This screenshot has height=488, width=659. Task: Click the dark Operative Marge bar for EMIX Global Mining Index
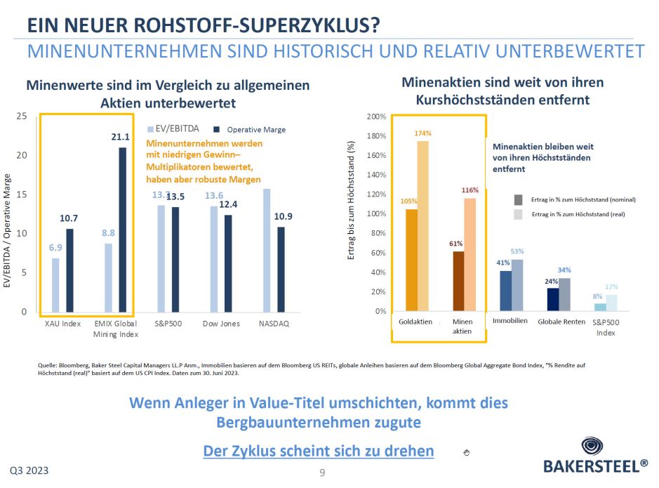point(123,230)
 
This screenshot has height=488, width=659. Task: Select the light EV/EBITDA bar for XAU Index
point(55,285)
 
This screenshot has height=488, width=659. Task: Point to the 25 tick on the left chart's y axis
point(22,117)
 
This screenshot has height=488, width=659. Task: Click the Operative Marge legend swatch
point(217,130)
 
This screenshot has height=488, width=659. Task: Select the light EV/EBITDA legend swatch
point(150,129)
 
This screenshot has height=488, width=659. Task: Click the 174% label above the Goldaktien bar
point(423,133)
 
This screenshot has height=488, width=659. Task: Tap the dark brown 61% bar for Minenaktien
point(458,281)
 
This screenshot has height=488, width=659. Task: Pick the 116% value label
point(470,190)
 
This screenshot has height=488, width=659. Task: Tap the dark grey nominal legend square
point(519,199)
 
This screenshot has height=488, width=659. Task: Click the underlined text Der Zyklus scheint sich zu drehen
point(318,450)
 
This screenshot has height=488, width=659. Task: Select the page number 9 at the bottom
point(322,473)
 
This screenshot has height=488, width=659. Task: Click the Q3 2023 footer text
point(29,469)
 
